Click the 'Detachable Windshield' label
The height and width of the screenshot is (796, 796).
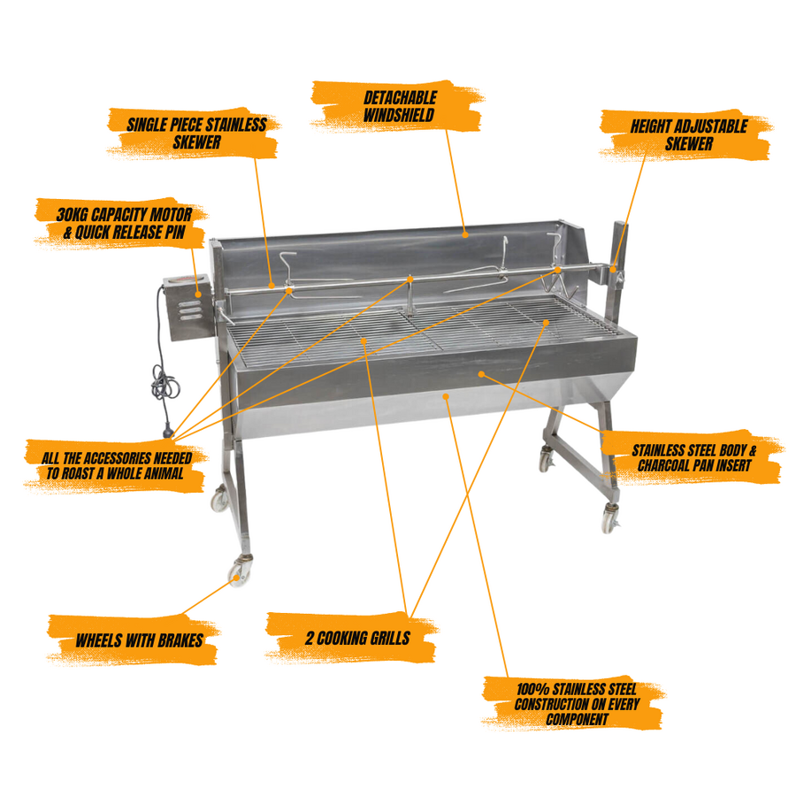[399, 106]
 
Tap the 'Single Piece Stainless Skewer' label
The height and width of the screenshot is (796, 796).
[195, 133]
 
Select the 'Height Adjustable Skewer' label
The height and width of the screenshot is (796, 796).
[688, 134]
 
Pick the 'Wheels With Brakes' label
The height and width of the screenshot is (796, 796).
[139, 640]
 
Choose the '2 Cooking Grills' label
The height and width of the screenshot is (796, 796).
[357, 638]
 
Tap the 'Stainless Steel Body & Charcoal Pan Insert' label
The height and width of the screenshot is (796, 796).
[693, 457]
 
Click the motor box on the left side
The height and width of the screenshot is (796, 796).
[188, 308]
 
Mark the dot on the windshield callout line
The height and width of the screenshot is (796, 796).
[465, 234]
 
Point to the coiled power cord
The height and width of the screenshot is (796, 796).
[165, 383]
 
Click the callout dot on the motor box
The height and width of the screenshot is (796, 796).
[198, 294]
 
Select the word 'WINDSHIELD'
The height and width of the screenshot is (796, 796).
[399, 115]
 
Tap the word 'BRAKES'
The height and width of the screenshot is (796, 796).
[180, 640]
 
